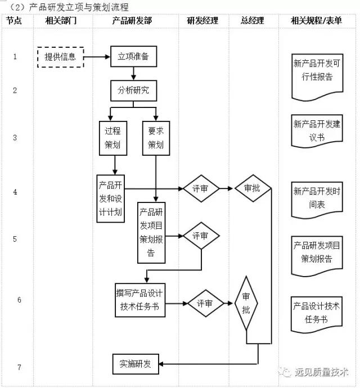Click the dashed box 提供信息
tap(60, 57)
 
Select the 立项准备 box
tap(133, 57)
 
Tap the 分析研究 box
tap(133, 91)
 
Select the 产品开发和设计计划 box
tap(110, 198)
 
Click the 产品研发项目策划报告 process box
tap(151, 232)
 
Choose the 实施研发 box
tap(135, 364)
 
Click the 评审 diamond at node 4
tap(201, 188)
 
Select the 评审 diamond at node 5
tap(201, 236)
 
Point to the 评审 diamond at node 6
tap(205, 303)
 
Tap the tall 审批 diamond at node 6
tap(246, 303)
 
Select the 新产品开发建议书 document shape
tap(317, 130)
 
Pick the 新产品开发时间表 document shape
tap(317, 198)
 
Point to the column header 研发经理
tap(203, 21)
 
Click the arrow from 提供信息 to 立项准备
tap(97, 57)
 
